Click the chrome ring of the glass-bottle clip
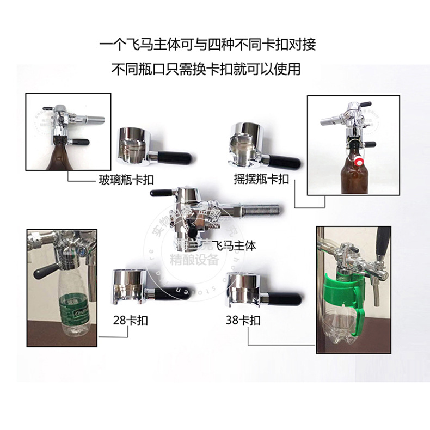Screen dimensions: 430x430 (x=132, y=143)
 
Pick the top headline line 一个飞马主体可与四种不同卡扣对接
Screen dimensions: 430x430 (x=207, y=44)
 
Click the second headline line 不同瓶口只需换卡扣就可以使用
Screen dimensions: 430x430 (x=207, y=69)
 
